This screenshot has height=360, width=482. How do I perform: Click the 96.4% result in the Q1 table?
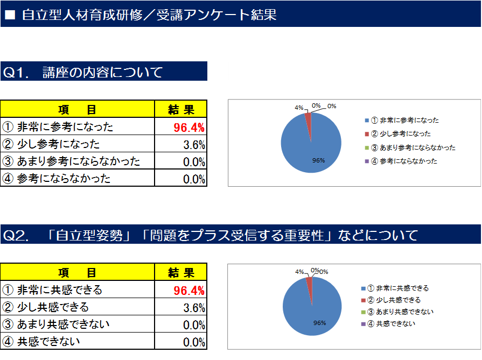188,128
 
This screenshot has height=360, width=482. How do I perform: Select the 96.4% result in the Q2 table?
188,291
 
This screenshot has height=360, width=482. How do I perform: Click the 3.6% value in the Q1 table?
194,145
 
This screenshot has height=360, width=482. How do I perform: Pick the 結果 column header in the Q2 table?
181,273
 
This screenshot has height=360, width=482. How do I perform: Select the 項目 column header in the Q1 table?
78,110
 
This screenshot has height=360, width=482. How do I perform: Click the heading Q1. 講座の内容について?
83,72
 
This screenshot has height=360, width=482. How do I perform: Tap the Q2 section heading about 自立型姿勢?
210,235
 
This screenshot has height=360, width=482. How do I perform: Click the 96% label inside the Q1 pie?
318,160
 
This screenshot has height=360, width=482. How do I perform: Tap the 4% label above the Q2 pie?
299,272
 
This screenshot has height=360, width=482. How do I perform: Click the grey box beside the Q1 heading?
218,71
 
